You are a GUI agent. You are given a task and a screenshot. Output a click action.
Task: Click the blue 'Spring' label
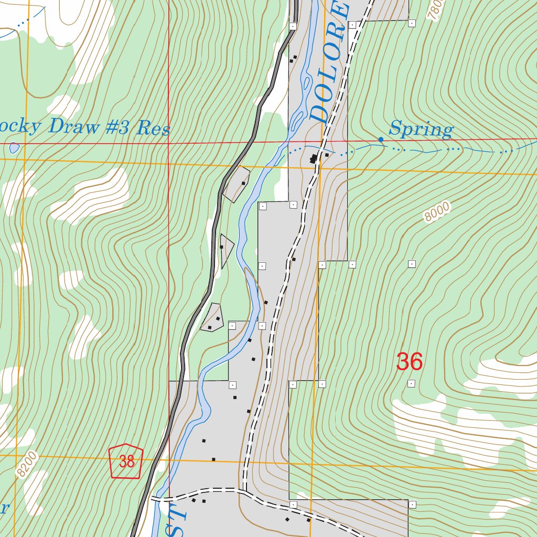[421, 129]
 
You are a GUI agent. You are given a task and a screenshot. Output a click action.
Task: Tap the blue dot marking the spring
[381, 139]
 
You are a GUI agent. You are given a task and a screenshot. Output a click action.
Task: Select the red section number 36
[409, 362]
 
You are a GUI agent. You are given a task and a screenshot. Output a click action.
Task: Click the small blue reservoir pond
[14, 148]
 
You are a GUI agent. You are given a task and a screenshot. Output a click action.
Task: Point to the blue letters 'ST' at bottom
[176, 519]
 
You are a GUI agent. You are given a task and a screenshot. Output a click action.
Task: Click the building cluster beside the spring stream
[315, 158]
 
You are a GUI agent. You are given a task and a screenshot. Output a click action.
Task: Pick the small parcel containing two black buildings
[212, 318]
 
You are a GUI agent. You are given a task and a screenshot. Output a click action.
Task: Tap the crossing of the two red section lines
[169, 143]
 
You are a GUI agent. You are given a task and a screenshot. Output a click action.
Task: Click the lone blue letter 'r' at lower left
[4, 509]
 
